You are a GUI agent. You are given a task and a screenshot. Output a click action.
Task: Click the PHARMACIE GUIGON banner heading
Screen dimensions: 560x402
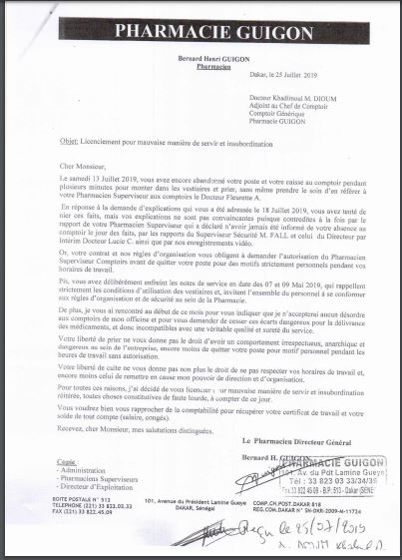(200, 31)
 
